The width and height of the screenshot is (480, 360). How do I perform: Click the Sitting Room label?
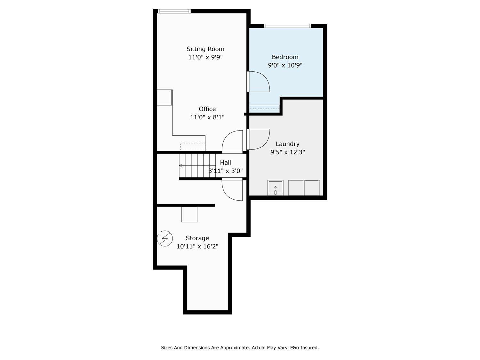pos(205,49)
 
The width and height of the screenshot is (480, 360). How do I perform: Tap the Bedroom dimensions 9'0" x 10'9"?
pos(285,66)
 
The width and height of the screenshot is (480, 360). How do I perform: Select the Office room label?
pos(207,109)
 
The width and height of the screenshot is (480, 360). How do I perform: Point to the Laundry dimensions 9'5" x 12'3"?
pos(287,152)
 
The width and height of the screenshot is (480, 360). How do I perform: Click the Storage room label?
pos(197,238)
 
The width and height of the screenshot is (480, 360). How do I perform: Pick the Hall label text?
pos(225,163)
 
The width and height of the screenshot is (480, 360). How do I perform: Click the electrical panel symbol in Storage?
pos(165,238)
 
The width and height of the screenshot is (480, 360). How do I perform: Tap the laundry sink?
pos(275,188)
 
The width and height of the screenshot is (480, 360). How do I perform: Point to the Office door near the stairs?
pos(233,141)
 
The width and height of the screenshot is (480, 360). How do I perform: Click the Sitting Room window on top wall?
pos(174,11)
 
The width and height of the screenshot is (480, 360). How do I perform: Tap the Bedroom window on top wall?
pos(287,26)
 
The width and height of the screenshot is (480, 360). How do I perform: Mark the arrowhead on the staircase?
pos(181,165)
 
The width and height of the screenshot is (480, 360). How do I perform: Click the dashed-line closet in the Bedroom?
pos(264,108)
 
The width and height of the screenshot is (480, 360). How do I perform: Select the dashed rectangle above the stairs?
pos(193,147)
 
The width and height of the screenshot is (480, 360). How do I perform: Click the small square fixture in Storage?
pos(189,214)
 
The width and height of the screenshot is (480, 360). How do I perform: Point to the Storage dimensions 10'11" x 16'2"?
pos(197,246)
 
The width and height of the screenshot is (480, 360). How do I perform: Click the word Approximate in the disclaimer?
pos(234,348)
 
